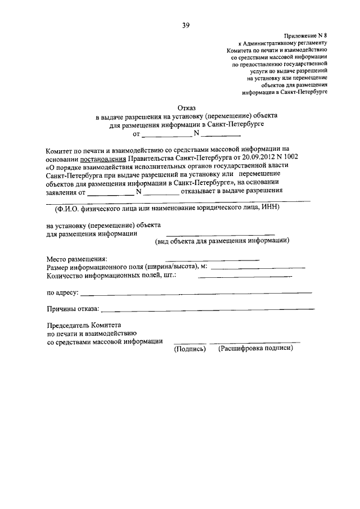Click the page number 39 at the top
[186, 25]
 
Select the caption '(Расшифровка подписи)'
[256, 349]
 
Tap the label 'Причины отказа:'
[73, 308]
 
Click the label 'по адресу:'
[62, 292]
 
